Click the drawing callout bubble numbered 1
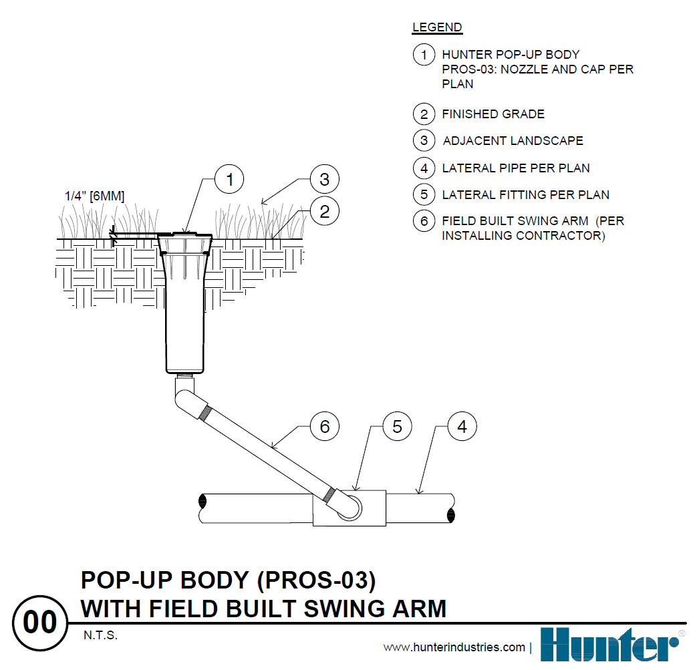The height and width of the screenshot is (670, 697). point(229,180)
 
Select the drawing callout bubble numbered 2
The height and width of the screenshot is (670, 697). point(324,212)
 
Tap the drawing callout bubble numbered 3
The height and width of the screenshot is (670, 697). point(324,179)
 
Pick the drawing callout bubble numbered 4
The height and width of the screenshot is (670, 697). point(462,426)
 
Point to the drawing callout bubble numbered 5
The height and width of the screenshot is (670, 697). point(397,426)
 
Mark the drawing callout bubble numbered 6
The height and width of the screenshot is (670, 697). point(325,426)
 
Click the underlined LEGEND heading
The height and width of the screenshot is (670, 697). point(437,27)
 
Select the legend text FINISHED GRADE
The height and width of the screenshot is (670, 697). point(493,114)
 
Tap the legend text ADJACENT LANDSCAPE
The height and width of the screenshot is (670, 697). point(513,141)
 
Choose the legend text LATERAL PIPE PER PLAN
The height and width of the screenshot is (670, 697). point(516,168)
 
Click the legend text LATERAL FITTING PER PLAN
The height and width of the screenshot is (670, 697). point(525,195)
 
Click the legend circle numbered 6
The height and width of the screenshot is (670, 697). point(424,221)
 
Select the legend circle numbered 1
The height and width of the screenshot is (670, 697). point(424,54)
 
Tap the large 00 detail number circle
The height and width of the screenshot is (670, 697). point(40,623)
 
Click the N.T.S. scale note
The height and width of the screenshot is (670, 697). point(101,635)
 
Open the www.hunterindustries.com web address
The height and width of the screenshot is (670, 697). point(454,647)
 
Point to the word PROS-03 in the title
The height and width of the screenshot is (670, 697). point(313,580)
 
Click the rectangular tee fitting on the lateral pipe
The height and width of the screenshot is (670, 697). point(349,507)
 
